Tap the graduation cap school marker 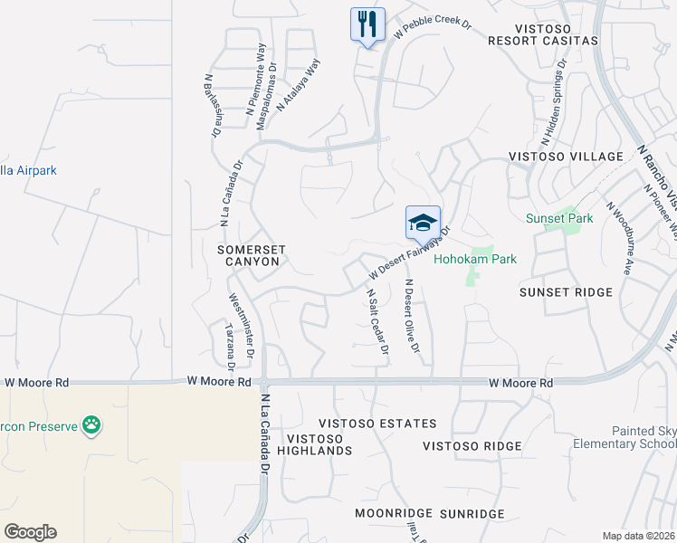pyautogui.click(x=423, y=223)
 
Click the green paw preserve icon pyautogui.click(x=91, y=424)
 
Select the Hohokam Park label pyautogui.click(x=475, y=259)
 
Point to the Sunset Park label pyautogui.click(x=559, y=218)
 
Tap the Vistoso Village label pyautogui.click(x=567, y=157)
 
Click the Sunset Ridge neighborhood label pyautogui.click(x=566, y=292)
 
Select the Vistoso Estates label pyautogui.click(x=377, y=424)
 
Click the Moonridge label pyautogui.click(x=390, y=513)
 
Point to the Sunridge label pyautogui.click(x=472, y=513)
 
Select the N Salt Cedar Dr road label pyautogui.click(x=377, y=321)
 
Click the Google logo pyautogui.click(x=30, y=532)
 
